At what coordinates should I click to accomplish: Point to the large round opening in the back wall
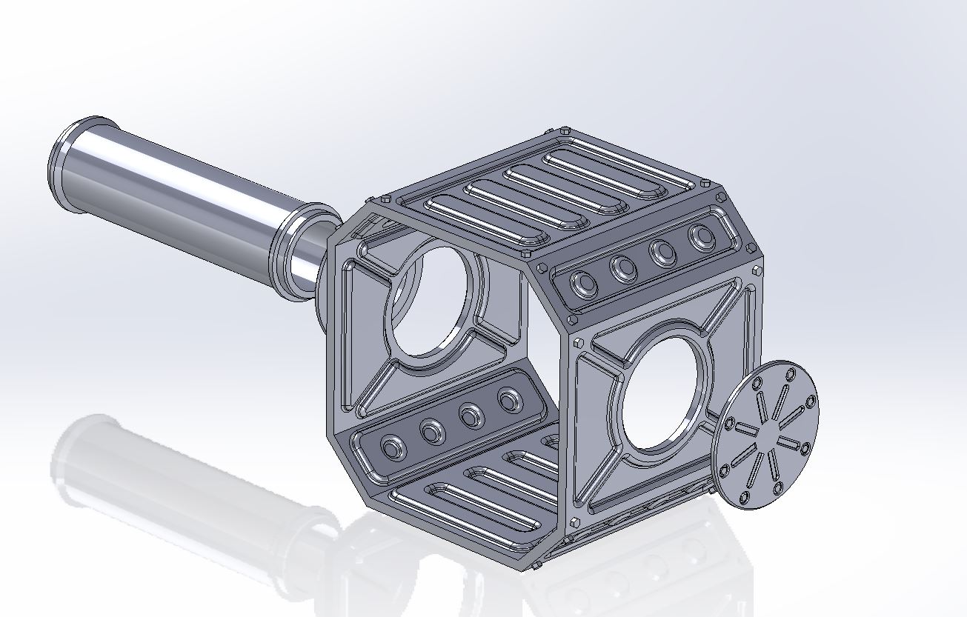point(430,300)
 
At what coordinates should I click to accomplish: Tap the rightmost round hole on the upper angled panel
point(701,238)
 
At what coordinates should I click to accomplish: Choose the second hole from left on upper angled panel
point(624,268)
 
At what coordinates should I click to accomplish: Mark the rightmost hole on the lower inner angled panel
point(510,401)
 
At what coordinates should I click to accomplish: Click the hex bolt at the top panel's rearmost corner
point(565,131)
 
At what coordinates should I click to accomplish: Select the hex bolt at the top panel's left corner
point(386,200)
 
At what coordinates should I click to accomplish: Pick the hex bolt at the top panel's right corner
point(721,197)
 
